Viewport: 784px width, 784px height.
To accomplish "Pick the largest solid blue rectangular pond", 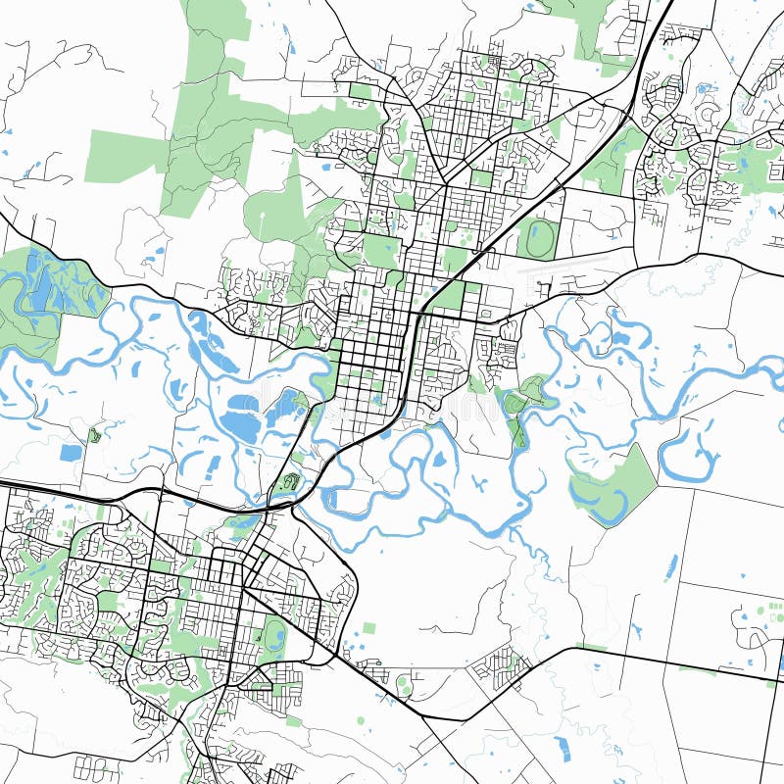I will coord(71,453).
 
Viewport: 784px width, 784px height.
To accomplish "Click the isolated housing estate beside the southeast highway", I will coord(501,667).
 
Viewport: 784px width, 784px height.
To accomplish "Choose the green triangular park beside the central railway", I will coord(451,295).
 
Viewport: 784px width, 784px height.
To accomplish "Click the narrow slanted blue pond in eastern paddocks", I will coord(671,566).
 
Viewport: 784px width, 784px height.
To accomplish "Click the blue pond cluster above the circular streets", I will coord(704,88).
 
